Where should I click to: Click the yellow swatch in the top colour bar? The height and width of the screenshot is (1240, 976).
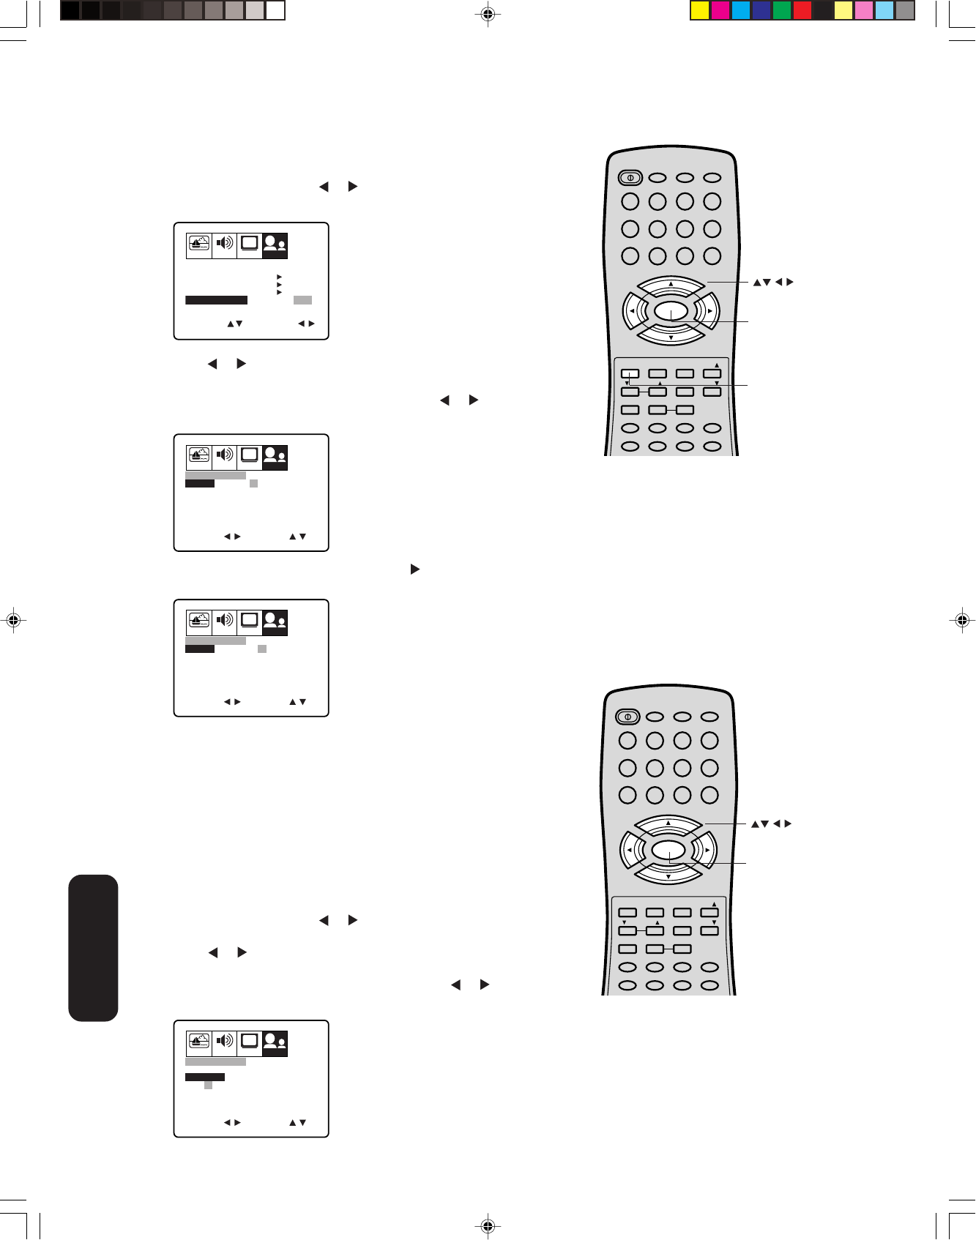[700, 10]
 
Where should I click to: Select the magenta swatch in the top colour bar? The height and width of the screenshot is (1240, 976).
[720, 10]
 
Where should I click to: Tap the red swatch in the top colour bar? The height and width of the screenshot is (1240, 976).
[802, 10]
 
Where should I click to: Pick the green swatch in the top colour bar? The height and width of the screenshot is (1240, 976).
[782, 10]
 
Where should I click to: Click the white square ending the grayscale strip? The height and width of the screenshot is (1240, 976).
[275, 10]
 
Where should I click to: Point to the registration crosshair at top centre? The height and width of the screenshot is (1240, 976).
[488, 13]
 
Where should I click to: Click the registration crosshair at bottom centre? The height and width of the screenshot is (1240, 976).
[488, 1225]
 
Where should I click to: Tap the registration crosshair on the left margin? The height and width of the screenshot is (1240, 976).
[12, 620]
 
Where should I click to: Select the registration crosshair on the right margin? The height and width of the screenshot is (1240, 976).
[962, 620]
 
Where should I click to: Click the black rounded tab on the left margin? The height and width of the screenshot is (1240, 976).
[93, 947]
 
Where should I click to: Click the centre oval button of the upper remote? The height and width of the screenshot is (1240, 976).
[671, 312]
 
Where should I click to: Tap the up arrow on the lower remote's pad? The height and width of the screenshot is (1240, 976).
[668, 823]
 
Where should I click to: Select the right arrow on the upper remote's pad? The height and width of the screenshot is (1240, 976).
[709, 312]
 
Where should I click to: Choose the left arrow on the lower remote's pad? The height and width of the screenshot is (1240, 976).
[628, 851]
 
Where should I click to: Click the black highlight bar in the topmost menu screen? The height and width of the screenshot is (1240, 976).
[216, 300]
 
